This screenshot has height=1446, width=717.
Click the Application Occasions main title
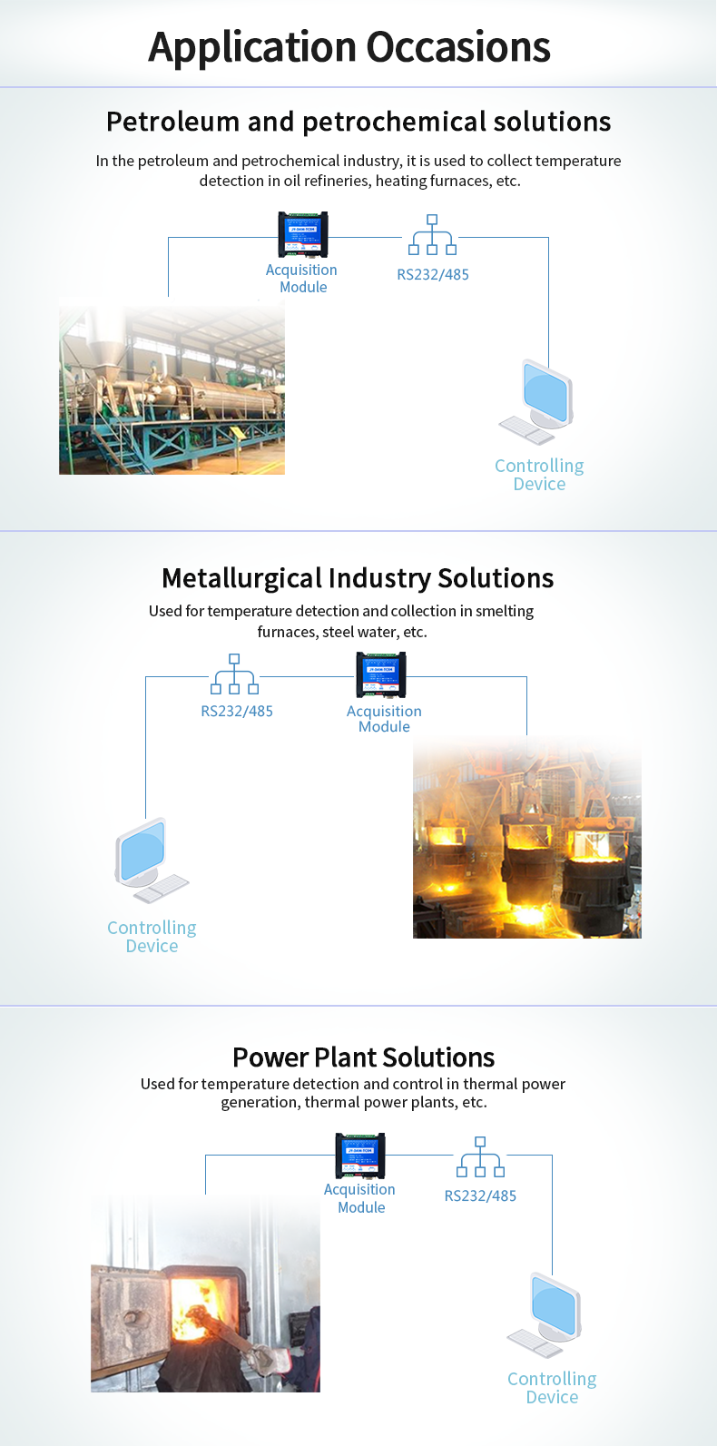coord(349,48)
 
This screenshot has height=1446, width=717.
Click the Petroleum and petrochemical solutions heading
coord(358,122)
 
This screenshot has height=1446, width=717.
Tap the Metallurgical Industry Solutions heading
coord(358,578)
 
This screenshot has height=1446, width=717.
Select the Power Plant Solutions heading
coord(363,1057)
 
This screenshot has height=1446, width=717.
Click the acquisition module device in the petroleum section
coord(302,234)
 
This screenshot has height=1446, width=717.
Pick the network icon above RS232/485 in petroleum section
coord(432,234)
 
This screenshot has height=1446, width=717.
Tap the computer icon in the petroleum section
coord(536,402)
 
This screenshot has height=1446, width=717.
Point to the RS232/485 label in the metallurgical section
coord(237,712)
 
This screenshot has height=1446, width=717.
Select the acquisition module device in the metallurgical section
coord(381,674)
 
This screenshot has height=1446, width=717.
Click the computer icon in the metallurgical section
coord(152,861)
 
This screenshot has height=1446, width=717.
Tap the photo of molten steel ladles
coord(527,837)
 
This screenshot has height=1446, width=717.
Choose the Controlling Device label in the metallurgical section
coord(152,937)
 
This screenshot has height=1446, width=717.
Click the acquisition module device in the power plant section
coord(360,1156)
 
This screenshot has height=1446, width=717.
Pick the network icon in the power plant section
coord(480,1156)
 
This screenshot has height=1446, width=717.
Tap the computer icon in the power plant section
coord(545,1315)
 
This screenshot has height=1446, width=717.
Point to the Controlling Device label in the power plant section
coord(552,1388)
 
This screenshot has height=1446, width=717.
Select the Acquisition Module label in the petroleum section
coord(301,279)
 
